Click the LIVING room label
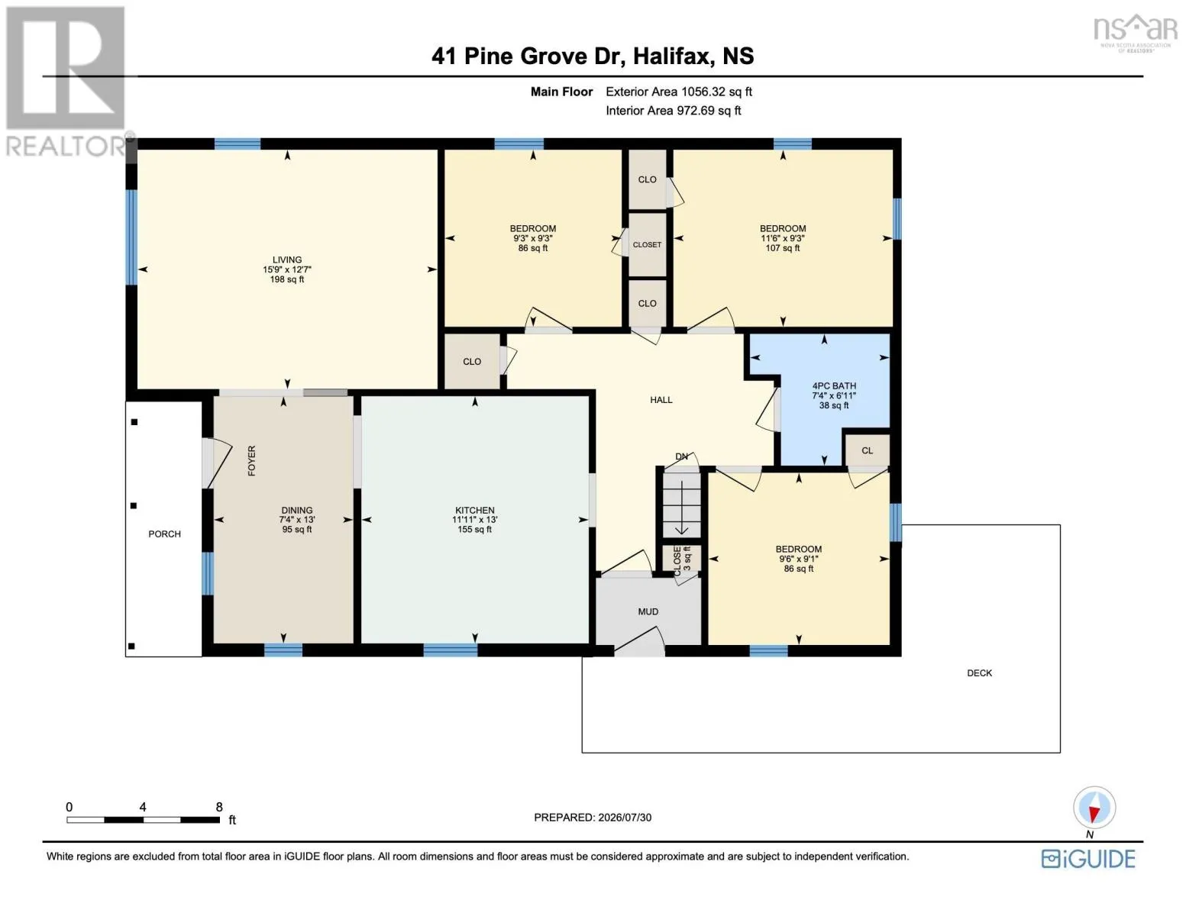[287, 260]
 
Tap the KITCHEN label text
[475, 510]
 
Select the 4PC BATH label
[834, 385]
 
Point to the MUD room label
[648, 611]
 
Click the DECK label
[980, 673]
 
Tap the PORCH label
[164, 534]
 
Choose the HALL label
[661, 400]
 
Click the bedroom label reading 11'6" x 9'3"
[783, 238]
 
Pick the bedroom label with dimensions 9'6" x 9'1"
[799, 560]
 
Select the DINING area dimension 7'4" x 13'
[297, 520]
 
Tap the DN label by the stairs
[682, 456]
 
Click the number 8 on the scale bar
[219, 807]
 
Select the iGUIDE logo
[1088, 860]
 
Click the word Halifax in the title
[674, 56]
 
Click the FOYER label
[251, 460]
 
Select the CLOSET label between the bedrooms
[648, 245]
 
